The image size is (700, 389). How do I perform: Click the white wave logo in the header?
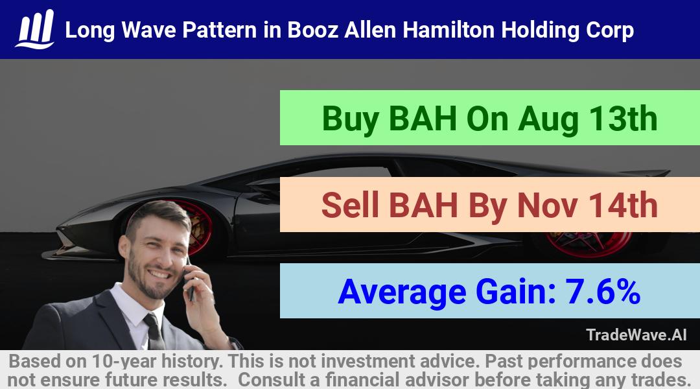click(x=35, y=29)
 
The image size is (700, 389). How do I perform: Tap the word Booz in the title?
click(x=312, y=30)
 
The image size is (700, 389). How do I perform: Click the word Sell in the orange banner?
click(x=350, y=205)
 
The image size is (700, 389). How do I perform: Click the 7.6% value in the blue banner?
click(x=603, y=291)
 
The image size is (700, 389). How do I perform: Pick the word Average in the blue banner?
click(x=402, y=292)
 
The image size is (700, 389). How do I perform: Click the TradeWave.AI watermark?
click(x=636, y=335)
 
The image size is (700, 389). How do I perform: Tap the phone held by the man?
click(x=190, y=281)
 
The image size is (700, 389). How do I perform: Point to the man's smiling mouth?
click(x=159, y=274)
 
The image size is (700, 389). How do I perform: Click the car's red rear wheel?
click(x=589, y=244)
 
